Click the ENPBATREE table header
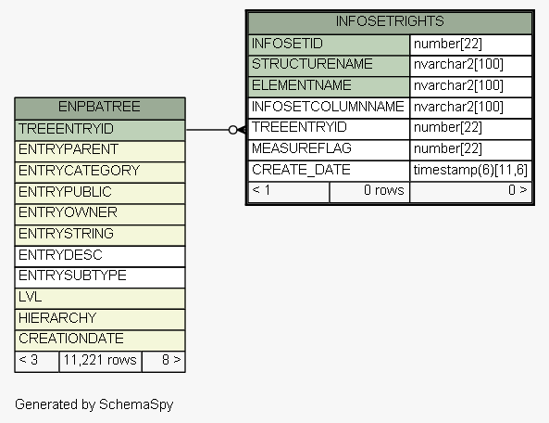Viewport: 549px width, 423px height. (99, 107)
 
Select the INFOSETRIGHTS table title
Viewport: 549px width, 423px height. (390, 21)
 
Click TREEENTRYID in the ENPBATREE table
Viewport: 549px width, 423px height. (66, 129)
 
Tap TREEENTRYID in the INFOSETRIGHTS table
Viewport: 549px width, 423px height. (299, 127)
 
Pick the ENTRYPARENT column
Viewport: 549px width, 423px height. (69, 149)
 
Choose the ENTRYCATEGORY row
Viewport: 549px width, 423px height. (79, 171)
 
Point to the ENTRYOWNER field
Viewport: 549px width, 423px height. (68, 212)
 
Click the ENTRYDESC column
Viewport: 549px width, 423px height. (60, 255)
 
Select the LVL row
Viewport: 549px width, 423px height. (31, 297)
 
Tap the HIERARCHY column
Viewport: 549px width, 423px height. (57, 318)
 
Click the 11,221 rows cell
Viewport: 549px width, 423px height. (100, 360)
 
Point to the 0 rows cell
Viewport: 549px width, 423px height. (383, 190)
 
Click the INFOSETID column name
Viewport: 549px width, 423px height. (287, 44)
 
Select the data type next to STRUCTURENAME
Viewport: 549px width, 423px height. (458, 65)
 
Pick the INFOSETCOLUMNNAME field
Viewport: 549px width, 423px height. (328, 107)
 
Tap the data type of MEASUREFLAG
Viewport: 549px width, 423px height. (448, 148)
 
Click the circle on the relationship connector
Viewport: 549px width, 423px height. (232, 130)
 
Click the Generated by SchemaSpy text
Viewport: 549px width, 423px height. (94, 404)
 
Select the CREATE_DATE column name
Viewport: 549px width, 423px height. (301, 170)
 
